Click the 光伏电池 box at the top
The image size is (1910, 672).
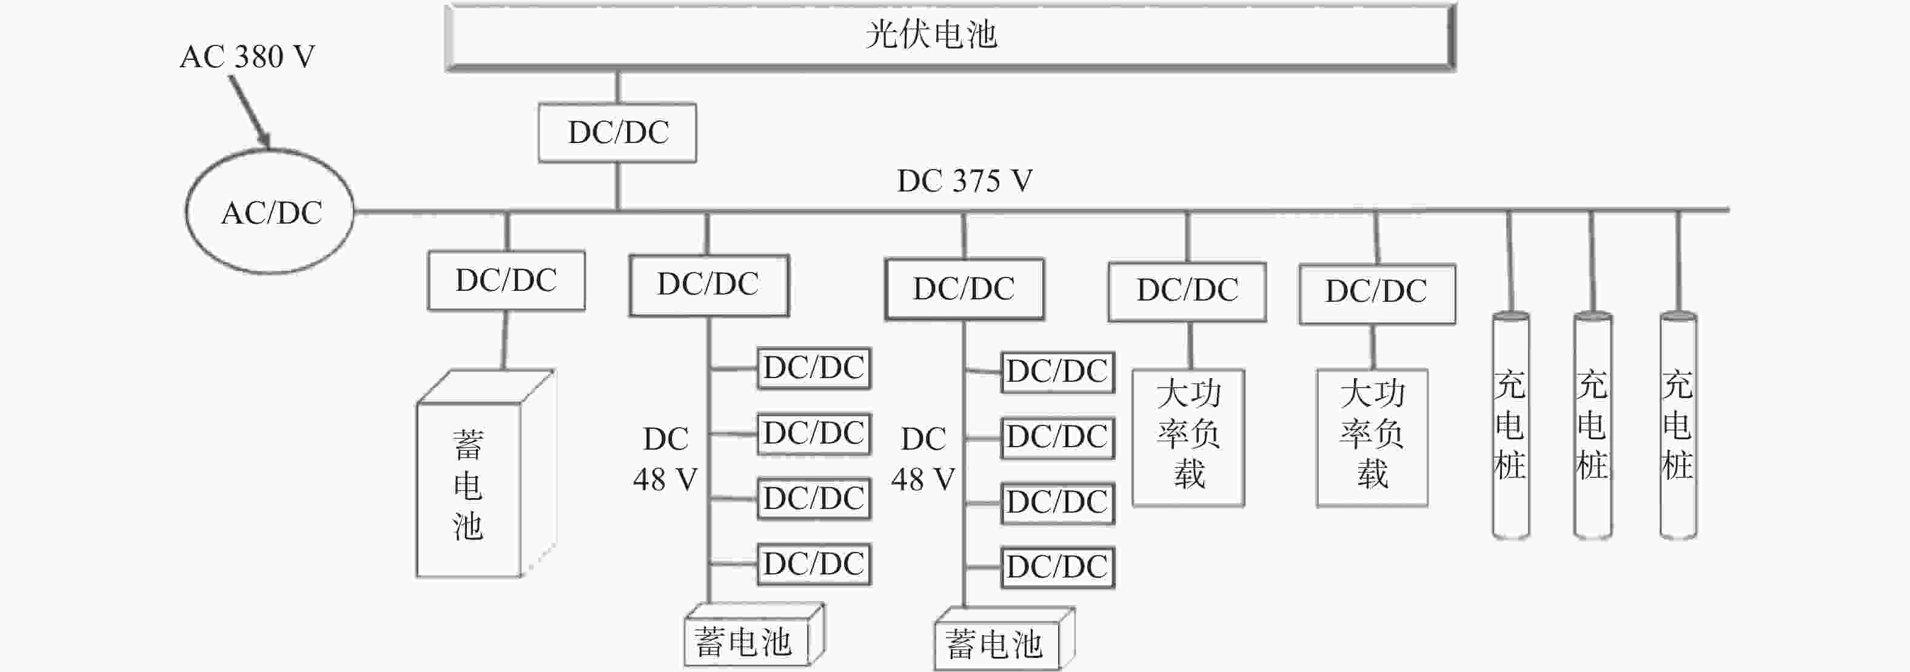coord(951,37)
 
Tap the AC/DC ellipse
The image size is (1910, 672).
coord(270,212)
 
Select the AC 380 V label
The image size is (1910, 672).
coord(247,57)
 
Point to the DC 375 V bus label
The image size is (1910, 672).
coord(965,181)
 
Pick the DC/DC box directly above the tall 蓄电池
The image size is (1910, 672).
coord(506,281)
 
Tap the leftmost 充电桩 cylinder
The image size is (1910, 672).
coord(1510,426)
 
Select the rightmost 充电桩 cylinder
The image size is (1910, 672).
coord(1678,426)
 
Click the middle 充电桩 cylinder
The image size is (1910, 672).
coord(1593,426)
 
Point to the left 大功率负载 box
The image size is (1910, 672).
coord(1188,438)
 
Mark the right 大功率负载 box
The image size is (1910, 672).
coord(1372,438)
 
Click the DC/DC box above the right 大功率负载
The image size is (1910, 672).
coord(1377,293)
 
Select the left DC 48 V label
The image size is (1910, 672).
coord(665,459)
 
